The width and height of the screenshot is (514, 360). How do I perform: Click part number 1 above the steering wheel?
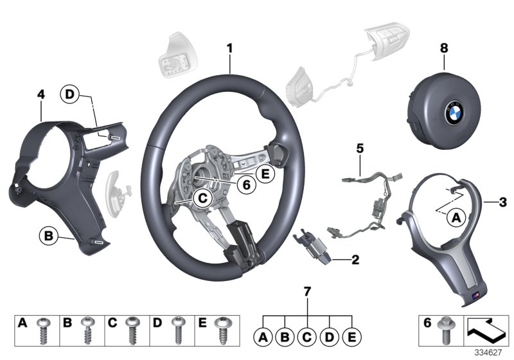[230, 48]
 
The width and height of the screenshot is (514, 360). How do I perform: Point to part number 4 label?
[40, 94]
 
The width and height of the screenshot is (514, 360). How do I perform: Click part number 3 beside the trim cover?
[503, 203]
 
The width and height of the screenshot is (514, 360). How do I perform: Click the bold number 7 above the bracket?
[307, 292]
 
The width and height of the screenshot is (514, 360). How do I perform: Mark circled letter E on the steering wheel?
[263, 172]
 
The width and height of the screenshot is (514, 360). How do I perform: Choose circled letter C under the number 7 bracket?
[308, 335]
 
